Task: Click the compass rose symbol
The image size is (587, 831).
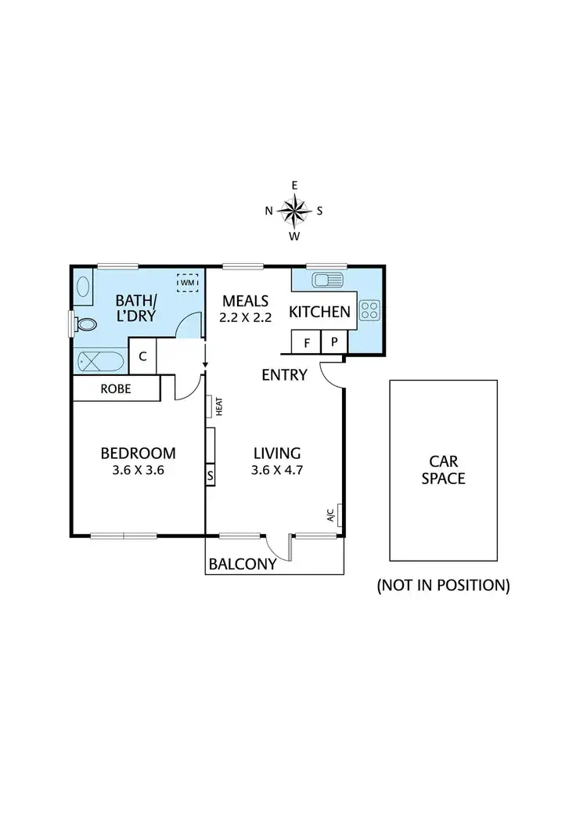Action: (294, 210)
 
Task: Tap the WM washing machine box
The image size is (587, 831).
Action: (188, 282)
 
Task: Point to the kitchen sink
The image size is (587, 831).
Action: (326, 280)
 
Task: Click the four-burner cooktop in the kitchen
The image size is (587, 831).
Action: (369, 311)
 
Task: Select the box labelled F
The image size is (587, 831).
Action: (306, 342)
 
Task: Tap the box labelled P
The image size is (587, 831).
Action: (333, 342)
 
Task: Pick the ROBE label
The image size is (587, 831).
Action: (115, 388)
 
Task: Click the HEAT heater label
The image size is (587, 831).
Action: (220, 407)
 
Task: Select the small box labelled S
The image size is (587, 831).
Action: (210, 475)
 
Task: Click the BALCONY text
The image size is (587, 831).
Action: (243, 565)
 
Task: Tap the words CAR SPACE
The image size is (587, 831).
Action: (443, 470)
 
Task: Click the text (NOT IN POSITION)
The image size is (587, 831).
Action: (443, 585)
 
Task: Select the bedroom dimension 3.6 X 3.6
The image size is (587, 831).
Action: (138, 472)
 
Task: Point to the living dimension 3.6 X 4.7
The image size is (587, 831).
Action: (277, 472)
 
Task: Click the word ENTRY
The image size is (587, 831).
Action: (284, 375)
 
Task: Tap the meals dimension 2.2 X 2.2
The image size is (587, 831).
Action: (245, 319)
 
